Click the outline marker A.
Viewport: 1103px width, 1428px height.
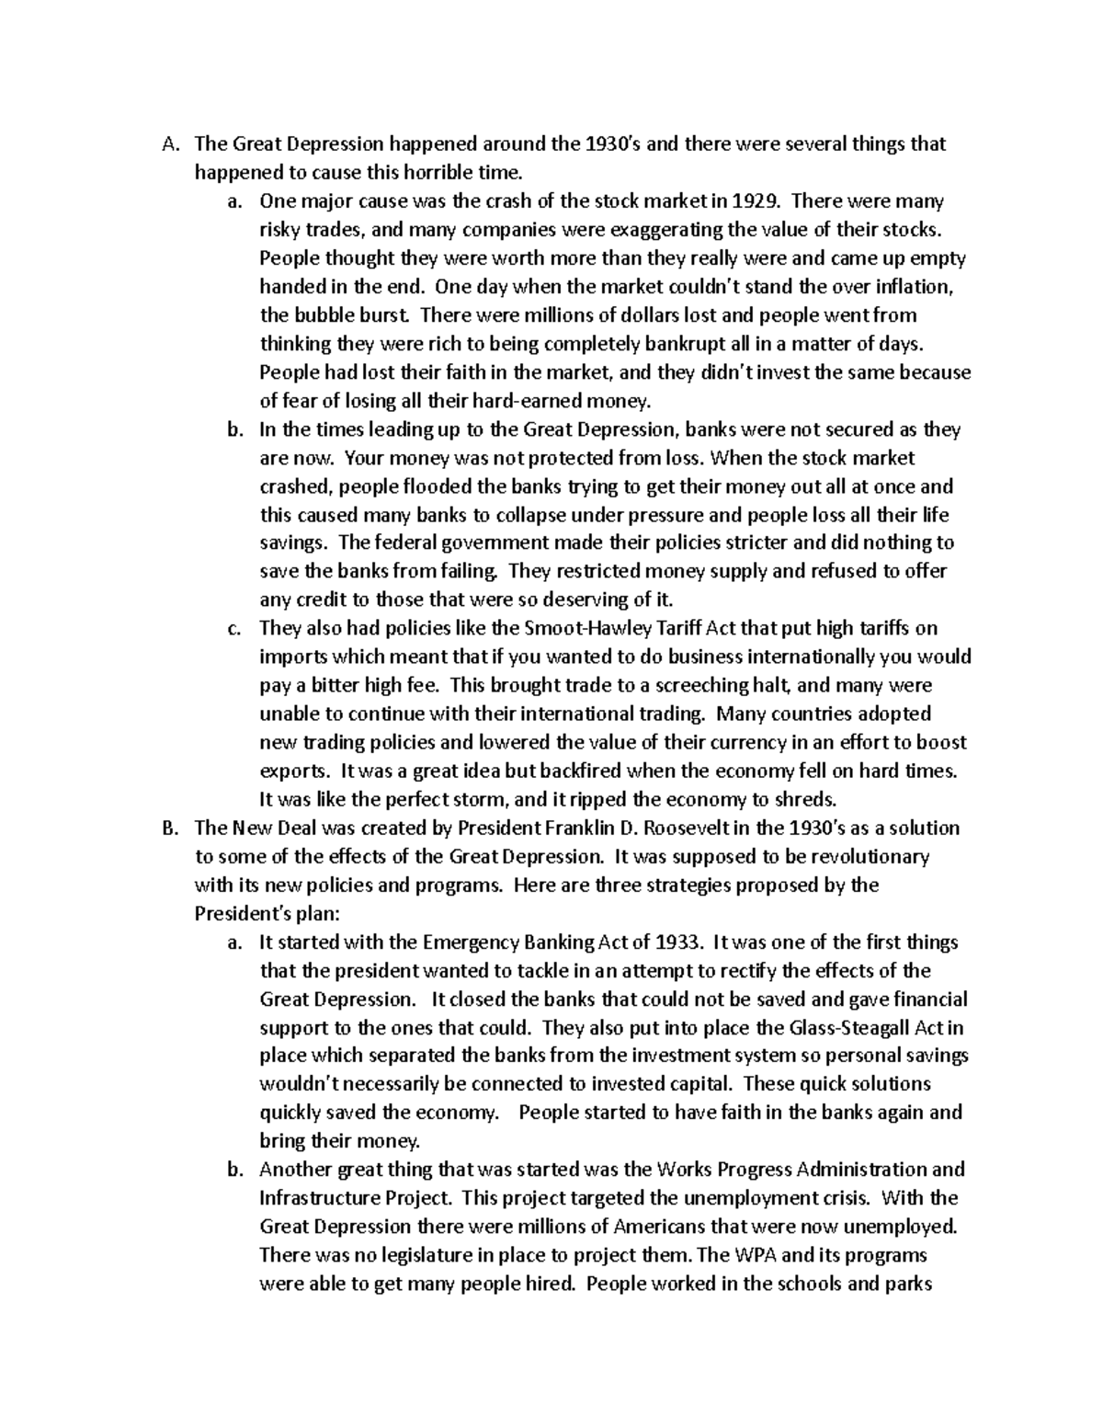point(167,144)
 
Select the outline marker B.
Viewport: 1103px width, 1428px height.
point(167,828)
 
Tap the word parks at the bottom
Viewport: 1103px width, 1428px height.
point(909,1284)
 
